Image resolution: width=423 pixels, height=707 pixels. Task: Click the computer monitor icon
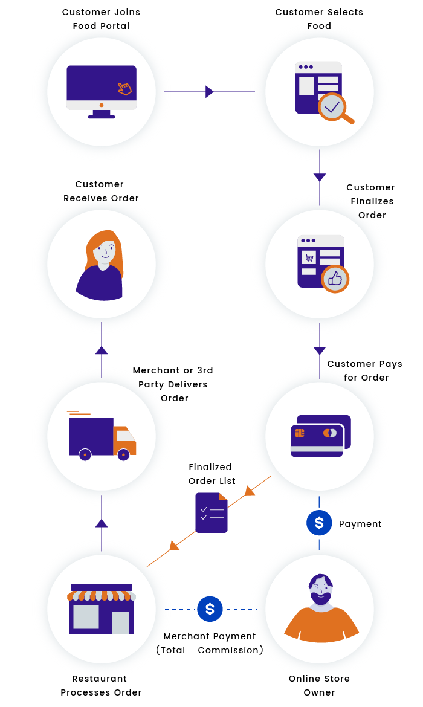(x=102, y=91)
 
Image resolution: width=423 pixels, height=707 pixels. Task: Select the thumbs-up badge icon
(x=335, y=279)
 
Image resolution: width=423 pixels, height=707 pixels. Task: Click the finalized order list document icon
(x=211, y=513)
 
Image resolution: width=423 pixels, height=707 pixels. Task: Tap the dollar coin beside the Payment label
(x=319, y=523)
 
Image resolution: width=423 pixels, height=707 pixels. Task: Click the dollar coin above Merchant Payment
(x=210, y=609)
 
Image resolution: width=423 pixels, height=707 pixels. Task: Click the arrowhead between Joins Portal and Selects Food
(x=209, y=92)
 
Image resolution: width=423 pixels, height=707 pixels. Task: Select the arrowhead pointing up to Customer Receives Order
(x=102, y=350)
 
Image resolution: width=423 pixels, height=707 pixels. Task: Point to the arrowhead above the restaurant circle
(x=102, y=523)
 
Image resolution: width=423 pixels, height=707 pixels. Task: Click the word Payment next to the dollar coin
(x=360, y=524)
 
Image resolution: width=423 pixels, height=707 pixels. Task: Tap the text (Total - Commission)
(x=210, y=650)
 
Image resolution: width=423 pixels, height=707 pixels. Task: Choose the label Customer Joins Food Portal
(x=102, y=19)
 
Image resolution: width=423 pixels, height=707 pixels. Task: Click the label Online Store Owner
(x=319, y=685)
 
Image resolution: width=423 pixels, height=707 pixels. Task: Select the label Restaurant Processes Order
(x=102, y=685)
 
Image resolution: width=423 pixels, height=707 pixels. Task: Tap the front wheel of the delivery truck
(x=124, y=454)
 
